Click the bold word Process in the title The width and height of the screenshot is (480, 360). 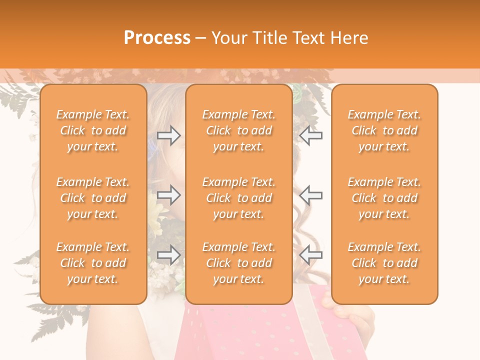[x=157, y=38]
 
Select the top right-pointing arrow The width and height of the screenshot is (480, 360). [x=169, y=135]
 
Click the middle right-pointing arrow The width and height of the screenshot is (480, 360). [x=169, y=194]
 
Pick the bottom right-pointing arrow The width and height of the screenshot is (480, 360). [x=169, y=255]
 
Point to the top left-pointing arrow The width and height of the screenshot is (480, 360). [x=311, y=135]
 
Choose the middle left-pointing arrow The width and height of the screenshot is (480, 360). [x=311, y=194]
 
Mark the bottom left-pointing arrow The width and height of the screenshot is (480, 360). [x=311, y=255]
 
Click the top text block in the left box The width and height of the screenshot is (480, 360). [x=93, y=130]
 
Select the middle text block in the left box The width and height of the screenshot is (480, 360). [x=93, y=198]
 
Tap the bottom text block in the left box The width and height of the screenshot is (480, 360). [x=93, y=263]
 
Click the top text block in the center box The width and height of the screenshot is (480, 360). [x=239, y=130]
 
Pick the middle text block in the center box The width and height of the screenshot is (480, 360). [x=239, y=198]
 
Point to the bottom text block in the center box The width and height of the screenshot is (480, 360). [x=239, y=263]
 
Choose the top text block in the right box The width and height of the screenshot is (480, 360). [x=384, y=130]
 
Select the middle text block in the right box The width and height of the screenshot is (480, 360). [x=384, y=198]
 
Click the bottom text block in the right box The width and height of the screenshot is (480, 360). [x=384, y=263]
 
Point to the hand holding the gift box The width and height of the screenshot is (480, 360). [x=350, y=315]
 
